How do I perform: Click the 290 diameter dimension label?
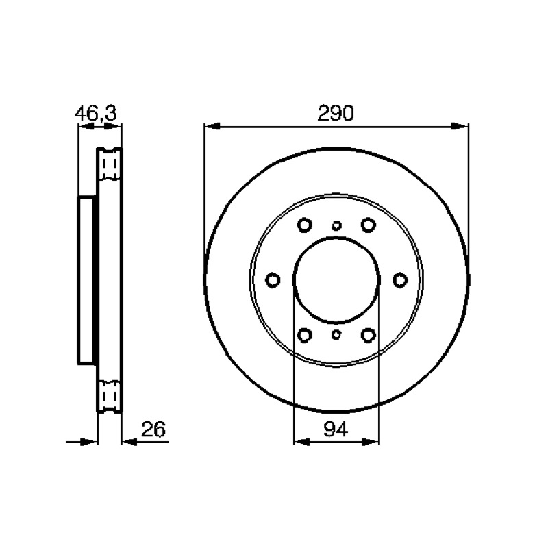point(336,113)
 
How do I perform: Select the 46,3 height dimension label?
point(96,113)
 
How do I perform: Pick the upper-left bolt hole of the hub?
point(304,225)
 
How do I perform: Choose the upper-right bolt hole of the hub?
point(368,225)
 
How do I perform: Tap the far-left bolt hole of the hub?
point(273,280)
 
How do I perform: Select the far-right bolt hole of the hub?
point(400,280)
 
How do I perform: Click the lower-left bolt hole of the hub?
point(304,335)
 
